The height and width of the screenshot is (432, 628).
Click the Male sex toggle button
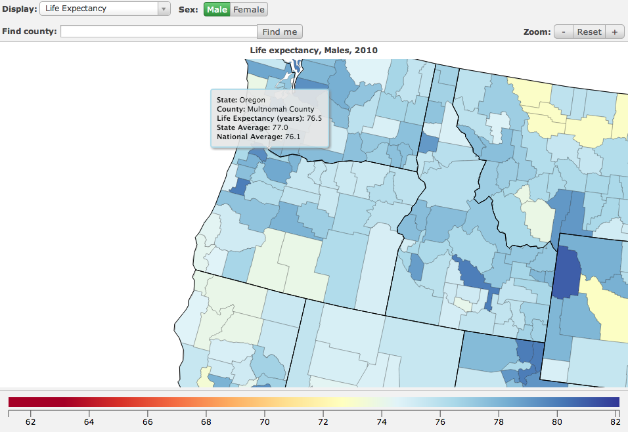click(x=217, y=9)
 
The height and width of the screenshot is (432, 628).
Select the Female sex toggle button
click(x=249, y=9)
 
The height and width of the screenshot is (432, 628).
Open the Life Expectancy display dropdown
click(x=105, y=9)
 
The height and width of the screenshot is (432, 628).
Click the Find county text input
click(x=158, y=32)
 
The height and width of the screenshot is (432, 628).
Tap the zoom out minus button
click(x=563, y=32)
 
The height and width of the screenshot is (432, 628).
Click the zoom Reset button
click(x=589, y=32)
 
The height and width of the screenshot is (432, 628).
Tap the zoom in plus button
click(x=615, y=32)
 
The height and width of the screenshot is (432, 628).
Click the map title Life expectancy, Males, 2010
click(x=313, y=50)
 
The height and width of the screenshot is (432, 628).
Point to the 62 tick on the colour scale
click(x=30, y=421)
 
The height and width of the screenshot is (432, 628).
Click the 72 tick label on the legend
click(x=323, y=421)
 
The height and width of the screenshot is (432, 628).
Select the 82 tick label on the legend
click(x=616, y=421)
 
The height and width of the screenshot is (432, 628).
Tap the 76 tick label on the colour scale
click(x=440, y=421)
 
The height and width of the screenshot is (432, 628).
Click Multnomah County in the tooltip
click(x=280, y=109)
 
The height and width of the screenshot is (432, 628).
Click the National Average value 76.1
click(x=292, y=137)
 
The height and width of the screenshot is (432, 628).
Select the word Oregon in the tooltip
click(x=252, y=100)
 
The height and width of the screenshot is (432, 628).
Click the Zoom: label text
click(x=537, y=32)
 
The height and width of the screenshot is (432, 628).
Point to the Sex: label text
click(x=189, y=9)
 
